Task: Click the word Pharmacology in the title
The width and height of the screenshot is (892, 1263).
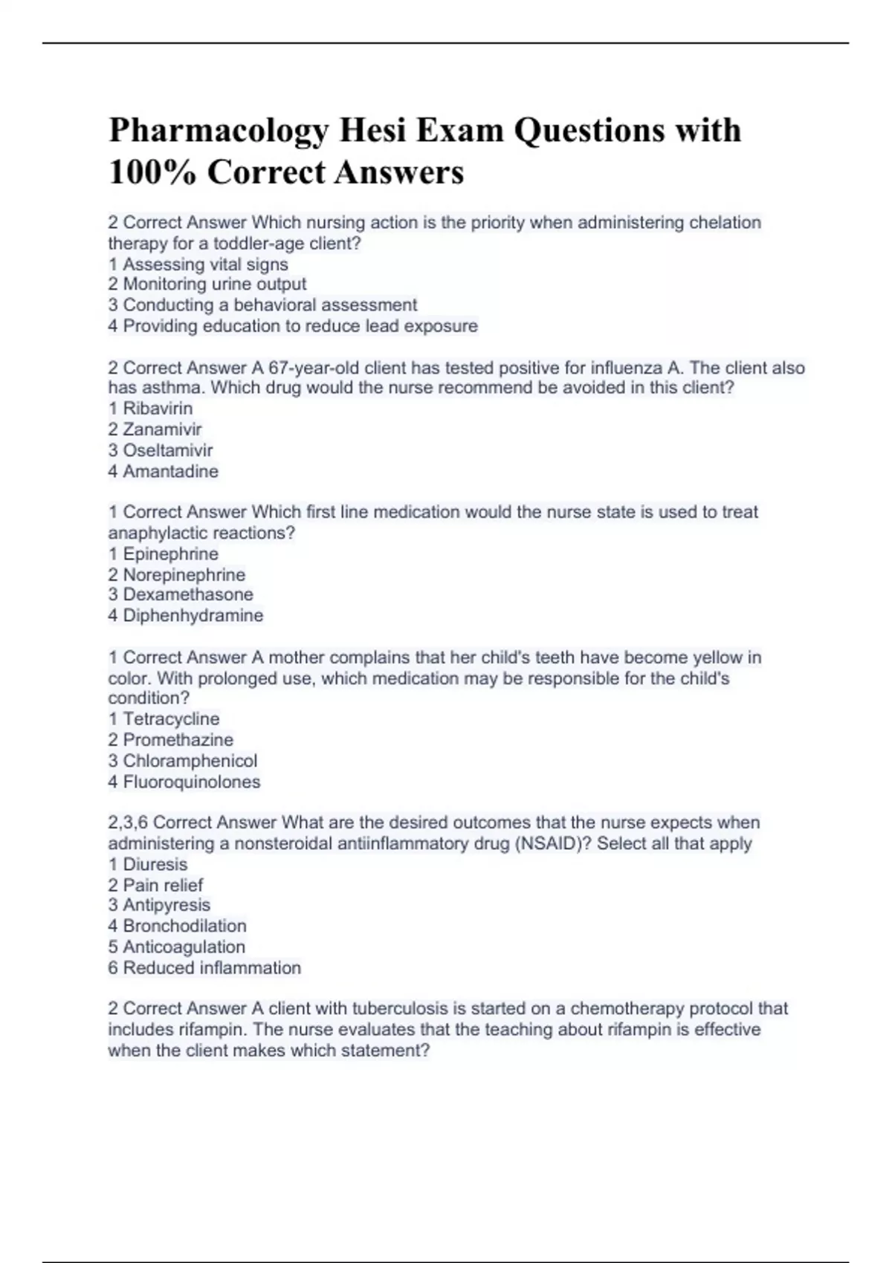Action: coord(219,131)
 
